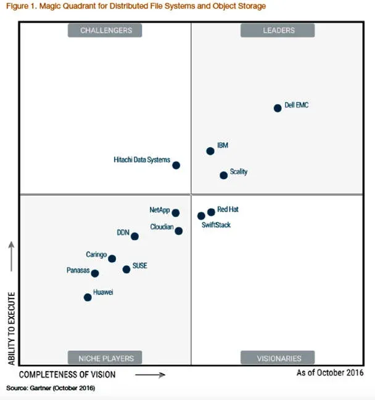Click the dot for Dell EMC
(278, 108)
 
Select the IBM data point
(210, 151)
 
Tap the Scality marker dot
(224, 175)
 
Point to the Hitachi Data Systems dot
(176, 165)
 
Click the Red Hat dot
(212, 212)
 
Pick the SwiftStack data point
(201, 216)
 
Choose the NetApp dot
(176, 213)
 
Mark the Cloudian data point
(179, 231)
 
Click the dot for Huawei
(88, 297)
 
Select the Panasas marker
(95, 273)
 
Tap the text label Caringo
(96, 254)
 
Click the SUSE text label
(139, 266)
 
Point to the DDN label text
(123, 233)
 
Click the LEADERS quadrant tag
(278, 30)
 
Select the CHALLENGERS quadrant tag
(105, 30)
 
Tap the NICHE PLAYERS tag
(105, 358)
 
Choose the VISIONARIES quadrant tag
(278, 358)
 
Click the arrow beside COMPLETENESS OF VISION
(150, 374)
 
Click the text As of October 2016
(330, 372)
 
